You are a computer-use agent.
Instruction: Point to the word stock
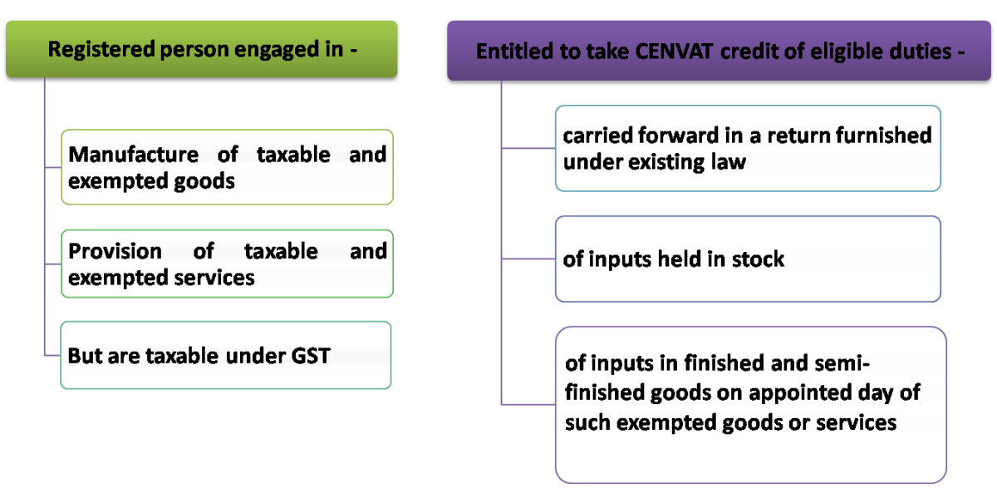pyautogui.click(x=757, y=259)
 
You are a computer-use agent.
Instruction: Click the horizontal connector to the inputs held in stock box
pyautogui.click(x=528, y=259)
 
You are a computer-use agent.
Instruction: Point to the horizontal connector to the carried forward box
pyautogui.click(x=528, y=149)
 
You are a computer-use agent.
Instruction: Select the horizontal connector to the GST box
pyautogui.click(x=52, y=355)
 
